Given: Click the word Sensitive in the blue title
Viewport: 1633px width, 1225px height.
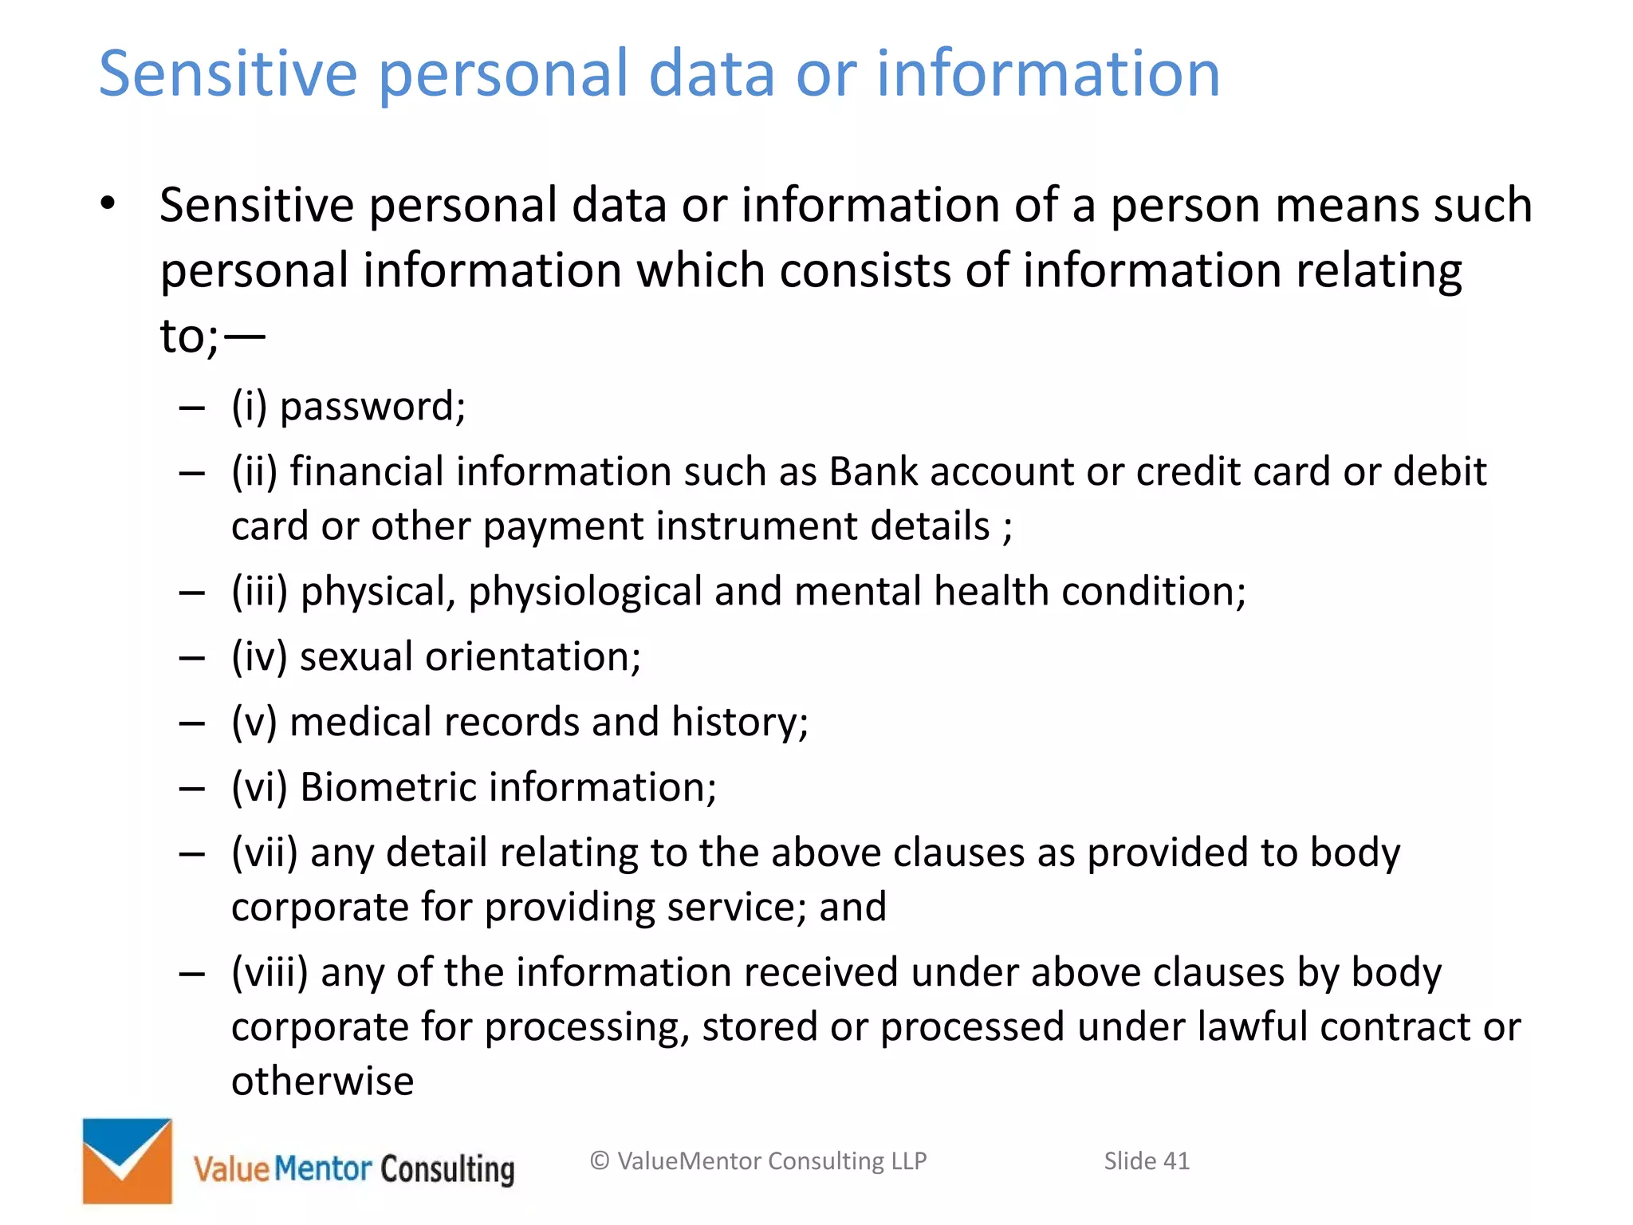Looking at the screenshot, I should pos(228,73).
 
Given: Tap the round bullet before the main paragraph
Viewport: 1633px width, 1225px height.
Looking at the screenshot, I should pos(108,203).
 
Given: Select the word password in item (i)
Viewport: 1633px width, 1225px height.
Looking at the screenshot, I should pos(372,408).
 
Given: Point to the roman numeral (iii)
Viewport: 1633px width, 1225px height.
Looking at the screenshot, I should pos(259,592).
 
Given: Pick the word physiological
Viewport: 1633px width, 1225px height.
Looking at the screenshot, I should pos(584,592).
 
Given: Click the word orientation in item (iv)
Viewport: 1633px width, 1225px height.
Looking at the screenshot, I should pos(533,657).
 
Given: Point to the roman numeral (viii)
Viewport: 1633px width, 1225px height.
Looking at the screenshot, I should pos(270,973).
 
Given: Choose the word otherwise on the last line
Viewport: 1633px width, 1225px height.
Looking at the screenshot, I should pos(322,1082).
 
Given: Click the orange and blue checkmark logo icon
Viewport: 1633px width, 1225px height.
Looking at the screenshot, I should pos(128,1160).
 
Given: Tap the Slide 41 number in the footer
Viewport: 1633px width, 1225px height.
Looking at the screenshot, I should pos(1146,1161).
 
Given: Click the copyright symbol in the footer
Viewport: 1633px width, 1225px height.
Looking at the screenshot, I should pos(600,1161).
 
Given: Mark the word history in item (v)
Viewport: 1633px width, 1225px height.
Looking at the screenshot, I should pos(739,723).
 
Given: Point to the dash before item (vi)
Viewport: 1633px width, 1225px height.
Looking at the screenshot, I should pos(192,789).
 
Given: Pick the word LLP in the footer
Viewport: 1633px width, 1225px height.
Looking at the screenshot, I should pos(908,1161).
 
